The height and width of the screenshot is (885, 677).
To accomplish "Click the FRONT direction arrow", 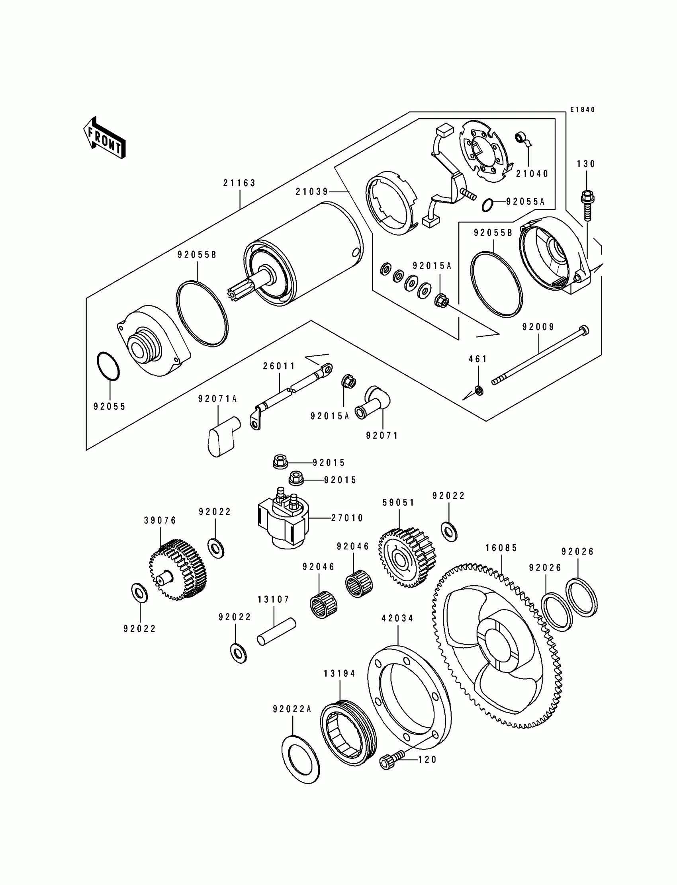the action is pos(104,138).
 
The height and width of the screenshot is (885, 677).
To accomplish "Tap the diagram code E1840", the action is pos(582,109).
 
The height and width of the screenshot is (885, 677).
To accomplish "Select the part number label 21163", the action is pos(240,183).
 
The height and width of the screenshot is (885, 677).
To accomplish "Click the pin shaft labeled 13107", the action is pos(277,632).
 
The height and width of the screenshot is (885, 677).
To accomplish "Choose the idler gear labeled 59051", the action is pos(407,558).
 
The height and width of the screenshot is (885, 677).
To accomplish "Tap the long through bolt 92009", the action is pos(540,354).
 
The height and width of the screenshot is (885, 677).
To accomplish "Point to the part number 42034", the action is pos(398,618).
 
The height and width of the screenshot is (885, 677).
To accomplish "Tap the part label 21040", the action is pos(532,174).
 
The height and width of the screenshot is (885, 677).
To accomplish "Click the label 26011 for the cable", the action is pos(279,366).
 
